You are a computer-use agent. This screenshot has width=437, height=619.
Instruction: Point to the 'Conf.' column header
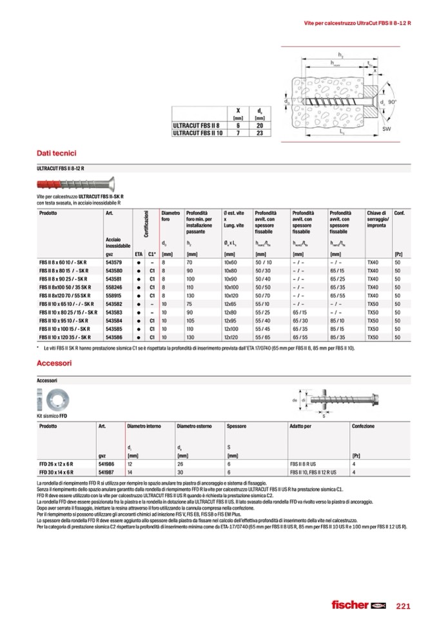pyautogui.click(x=399, y=213)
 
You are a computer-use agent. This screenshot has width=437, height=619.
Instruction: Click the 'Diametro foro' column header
pyautogui.click(x=170, y=216)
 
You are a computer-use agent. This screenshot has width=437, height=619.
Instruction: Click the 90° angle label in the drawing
pyautogui.click(x=393, y=101)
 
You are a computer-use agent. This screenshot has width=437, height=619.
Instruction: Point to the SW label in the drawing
pyautogui.click(x=387, y=130)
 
